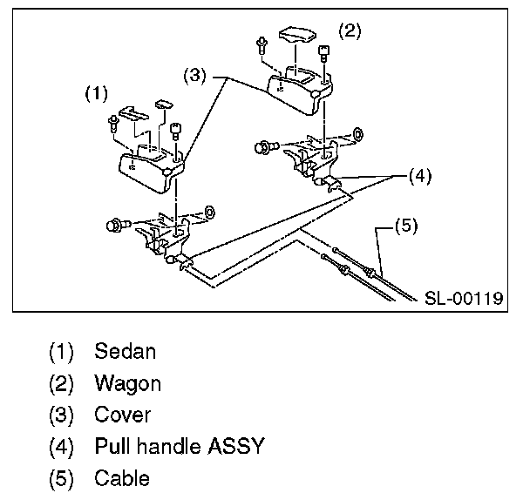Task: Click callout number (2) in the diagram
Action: click(349, 32)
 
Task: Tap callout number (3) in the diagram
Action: click(196, 77)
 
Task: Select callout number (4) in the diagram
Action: click(420, 176)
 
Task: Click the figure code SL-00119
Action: click(464, 298)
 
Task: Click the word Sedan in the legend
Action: click(126, 353)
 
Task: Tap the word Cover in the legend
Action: click(123, 415)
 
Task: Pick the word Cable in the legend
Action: click(122, 478)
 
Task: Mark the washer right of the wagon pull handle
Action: click(357, 134)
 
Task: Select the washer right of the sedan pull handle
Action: click(209, 212)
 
